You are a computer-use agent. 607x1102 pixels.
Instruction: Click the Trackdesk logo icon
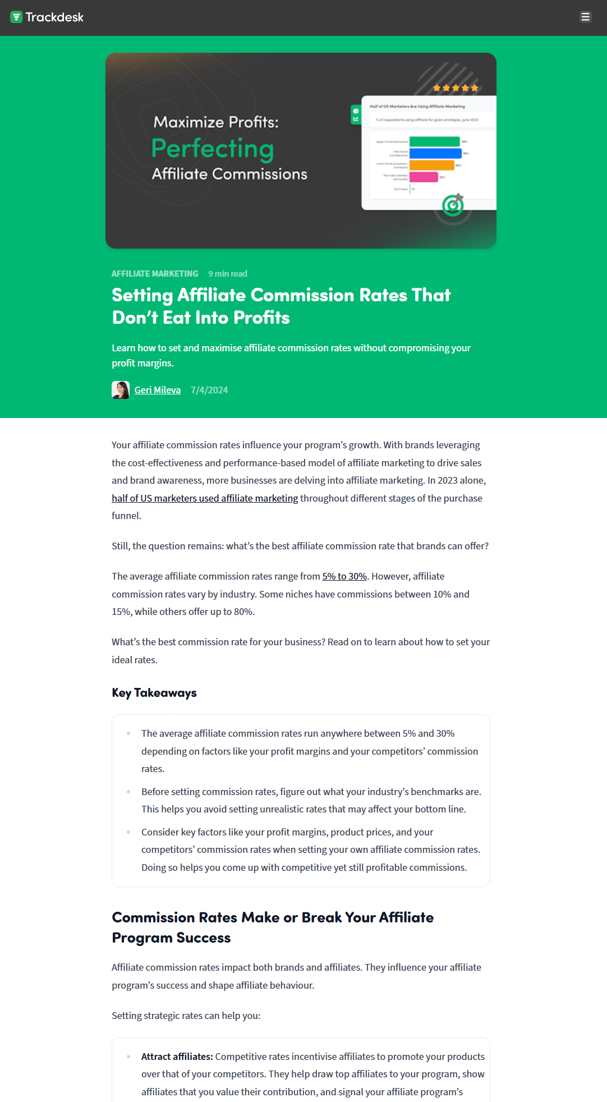point(16,17)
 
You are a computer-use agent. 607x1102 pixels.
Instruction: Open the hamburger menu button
point(585,17)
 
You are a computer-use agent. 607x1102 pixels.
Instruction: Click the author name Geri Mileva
point(157,390)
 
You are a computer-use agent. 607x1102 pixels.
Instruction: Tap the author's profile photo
point(121,390)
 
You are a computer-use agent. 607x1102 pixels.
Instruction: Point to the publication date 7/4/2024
point(209,390)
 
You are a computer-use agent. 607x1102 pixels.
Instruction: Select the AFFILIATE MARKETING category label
point(155,274)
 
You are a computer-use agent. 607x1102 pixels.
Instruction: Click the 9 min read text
point(227,274)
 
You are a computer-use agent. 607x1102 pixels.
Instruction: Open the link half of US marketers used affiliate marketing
point(205,498)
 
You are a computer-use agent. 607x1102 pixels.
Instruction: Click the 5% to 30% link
point(344,576)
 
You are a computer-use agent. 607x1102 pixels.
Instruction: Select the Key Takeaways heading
point(154,693)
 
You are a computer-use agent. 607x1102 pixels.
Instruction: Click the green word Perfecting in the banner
point(213,149)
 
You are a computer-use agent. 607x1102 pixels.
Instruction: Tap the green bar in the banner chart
point(434,141)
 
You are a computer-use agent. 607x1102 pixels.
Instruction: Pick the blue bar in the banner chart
point(435,153)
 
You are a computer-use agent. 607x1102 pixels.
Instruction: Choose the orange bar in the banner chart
point(431,165)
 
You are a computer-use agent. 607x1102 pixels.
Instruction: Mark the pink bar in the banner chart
point(424,177)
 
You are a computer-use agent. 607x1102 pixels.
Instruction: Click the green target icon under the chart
point(453,205)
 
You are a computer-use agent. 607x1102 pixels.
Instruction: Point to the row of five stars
point(456,88)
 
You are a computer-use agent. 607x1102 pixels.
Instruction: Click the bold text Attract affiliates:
point(177,1057)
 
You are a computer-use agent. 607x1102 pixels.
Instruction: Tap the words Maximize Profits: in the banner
point(216,122)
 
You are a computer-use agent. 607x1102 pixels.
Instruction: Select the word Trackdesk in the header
point(54,17)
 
